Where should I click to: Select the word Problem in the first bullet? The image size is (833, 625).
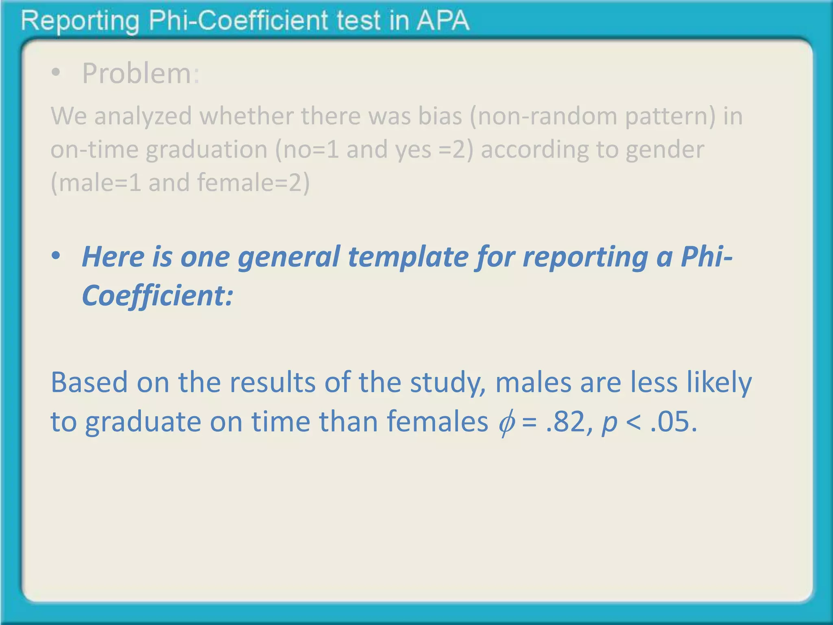[x=137, y=74]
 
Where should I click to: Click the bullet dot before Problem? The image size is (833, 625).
[x=56, y=74]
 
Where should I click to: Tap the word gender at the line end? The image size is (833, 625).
[x=665, y=149]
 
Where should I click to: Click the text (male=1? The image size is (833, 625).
[x=96, y=182]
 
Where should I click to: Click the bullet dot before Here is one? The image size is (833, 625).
[x=56, y=256]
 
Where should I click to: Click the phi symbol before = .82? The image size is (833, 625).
[x=506, y=422]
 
